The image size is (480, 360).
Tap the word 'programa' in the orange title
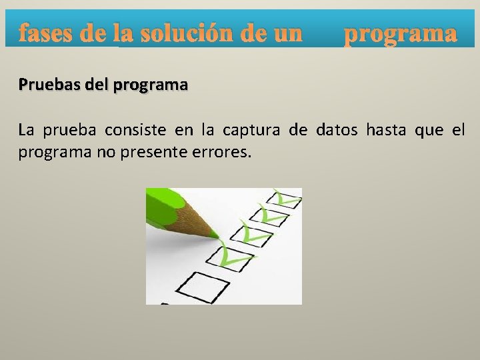(x=400, y=34)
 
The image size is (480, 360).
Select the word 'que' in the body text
(x=429, y=131)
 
